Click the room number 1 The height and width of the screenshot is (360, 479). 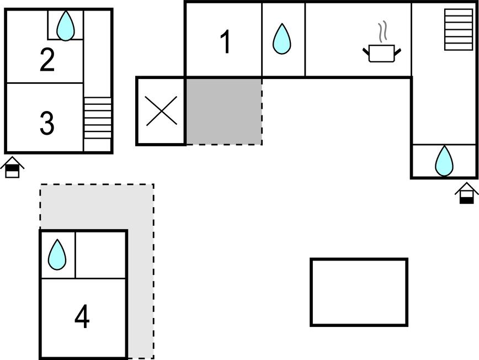click(x=225, y=43)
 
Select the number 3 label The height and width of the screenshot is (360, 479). click(x=47, y=123)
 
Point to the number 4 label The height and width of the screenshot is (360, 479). click(x=82, y=317)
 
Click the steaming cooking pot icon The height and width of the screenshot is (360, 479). click(x=381, y=53)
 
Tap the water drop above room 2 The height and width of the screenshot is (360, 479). click(x=66, y=25)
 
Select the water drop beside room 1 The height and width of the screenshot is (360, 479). click(x=281, y=39)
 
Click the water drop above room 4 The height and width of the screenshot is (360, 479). click(x=57, y=255)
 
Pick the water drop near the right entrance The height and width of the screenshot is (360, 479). click(x=444, y=161)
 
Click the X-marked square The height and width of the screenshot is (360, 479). click(x=161, y=111)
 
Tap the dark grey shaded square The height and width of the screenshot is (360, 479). click(x=223, y=110)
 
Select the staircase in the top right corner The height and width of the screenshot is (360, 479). click(x=456, y=30)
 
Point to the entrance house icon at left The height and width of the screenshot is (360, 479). click(x=12, y=167)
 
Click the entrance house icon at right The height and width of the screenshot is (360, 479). click(x=467, y=193)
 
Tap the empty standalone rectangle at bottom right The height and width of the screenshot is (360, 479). click(x=359, y=292)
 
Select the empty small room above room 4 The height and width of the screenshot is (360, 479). click(x=100, y=255)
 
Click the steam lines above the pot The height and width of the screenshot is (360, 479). click(x=382, y=32)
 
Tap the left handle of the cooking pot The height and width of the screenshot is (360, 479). click(x=366, y=52)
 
